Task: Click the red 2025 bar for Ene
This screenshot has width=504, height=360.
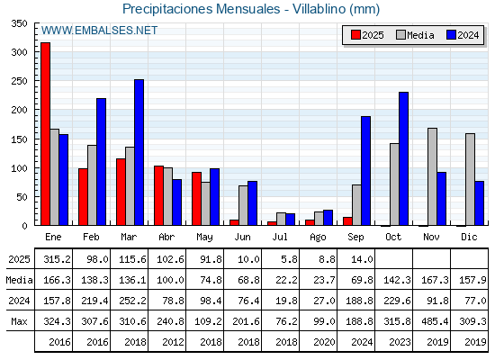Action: click(45, 134)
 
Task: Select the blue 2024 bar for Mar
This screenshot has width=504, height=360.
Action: click(139, 152)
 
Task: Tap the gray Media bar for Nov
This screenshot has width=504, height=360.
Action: click(432, 176)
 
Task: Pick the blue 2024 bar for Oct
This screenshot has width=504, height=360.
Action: click(404, 158)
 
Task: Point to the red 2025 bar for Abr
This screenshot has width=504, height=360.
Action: click(158, 195)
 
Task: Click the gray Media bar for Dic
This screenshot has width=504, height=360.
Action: click(470, 179)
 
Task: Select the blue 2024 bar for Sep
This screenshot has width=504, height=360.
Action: click(365, 171)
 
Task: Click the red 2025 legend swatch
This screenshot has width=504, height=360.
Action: click(355, 35)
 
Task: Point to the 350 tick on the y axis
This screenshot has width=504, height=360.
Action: click(19, 23)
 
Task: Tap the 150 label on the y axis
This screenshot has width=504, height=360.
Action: click(19, 139)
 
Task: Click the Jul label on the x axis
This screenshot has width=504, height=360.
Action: click(280, 237)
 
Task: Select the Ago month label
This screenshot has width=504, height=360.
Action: click(318, 238)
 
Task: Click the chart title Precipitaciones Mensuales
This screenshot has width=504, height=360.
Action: click(202, 9)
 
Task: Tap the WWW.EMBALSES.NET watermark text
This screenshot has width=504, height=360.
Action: click(99, 31)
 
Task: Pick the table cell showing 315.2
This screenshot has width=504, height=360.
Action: click(57, 259)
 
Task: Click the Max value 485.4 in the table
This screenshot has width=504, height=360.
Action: click(435, 321)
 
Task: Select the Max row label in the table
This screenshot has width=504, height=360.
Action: click(19, 321)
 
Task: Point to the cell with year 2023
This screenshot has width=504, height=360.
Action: click(400, 342)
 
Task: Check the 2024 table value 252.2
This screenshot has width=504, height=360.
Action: click(132, 301)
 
